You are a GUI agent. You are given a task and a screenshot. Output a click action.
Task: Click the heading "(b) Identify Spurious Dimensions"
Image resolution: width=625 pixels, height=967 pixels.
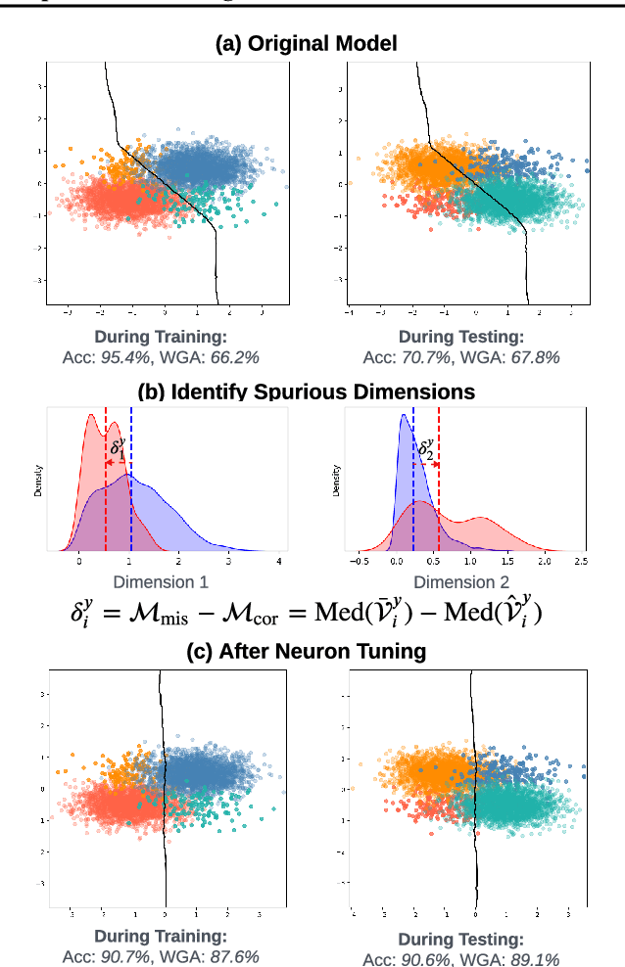(306, 392)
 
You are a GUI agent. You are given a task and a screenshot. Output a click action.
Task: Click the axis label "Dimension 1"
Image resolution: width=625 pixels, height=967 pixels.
(162, 582)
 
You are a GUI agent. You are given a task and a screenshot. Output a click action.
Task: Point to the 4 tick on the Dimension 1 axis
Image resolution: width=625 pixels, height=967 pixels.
(279, 563)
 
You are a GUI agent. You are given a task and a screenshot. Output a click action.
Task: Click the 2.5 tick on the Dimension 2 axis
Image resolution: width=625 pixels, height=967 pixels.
(580, 563)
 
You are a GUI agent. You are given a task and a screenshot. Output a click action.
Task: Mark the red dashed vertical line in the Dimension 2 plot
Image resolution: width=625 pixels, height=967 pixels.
(439, 489)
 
